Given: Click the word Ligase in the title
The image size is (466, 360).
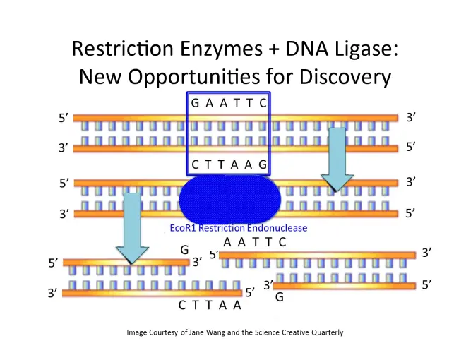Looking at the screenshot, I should (356, 49).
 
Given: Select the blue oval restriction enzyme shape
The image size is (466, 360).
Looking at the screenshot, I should (229, 199).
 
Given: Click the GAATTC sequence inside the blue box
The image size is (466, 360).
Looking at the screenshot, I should (229, 104).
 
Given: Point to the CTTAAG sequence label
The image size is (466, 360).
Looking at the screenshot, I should (229, 164).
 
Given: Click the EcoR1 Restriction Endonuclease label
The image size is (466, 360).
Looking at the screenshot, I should (239, 229).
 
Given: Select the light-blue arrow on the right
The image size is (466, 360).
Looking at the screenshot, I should (339, 160).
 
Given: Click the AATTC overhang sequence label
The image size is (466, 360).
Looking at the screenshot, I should (254, 242).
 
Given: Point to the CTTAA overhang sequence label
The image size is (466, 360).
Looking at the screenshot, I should (210, 305).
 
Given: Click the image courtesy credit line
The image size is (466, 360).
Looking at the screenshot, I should (234, 332).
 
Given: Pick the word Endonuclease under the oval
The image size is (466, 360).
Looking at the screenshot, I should (277, 229).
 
